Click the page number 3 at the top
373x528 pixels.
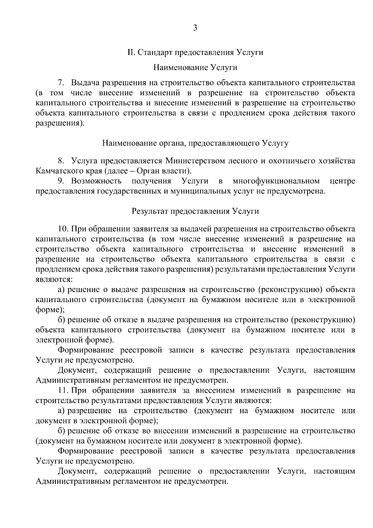[195, 28]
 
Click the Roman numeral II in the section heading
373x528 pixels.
[131, 52]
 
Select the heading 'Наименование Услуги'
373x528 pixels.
[195, 67]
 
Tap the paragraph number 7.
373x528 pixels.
[61, 83]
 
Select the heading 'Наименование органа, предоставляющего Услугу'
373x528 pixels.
[195, 143]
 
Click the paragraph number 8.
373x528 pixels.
[61, 161]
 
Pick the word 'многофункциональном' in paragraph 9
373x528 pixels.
[276, 181]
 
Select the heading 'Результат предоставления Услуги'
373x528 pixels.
[195, 211]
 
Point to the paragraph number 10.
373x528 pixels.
[63, 229]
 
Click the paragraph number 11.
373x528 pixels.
[63, 390]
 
